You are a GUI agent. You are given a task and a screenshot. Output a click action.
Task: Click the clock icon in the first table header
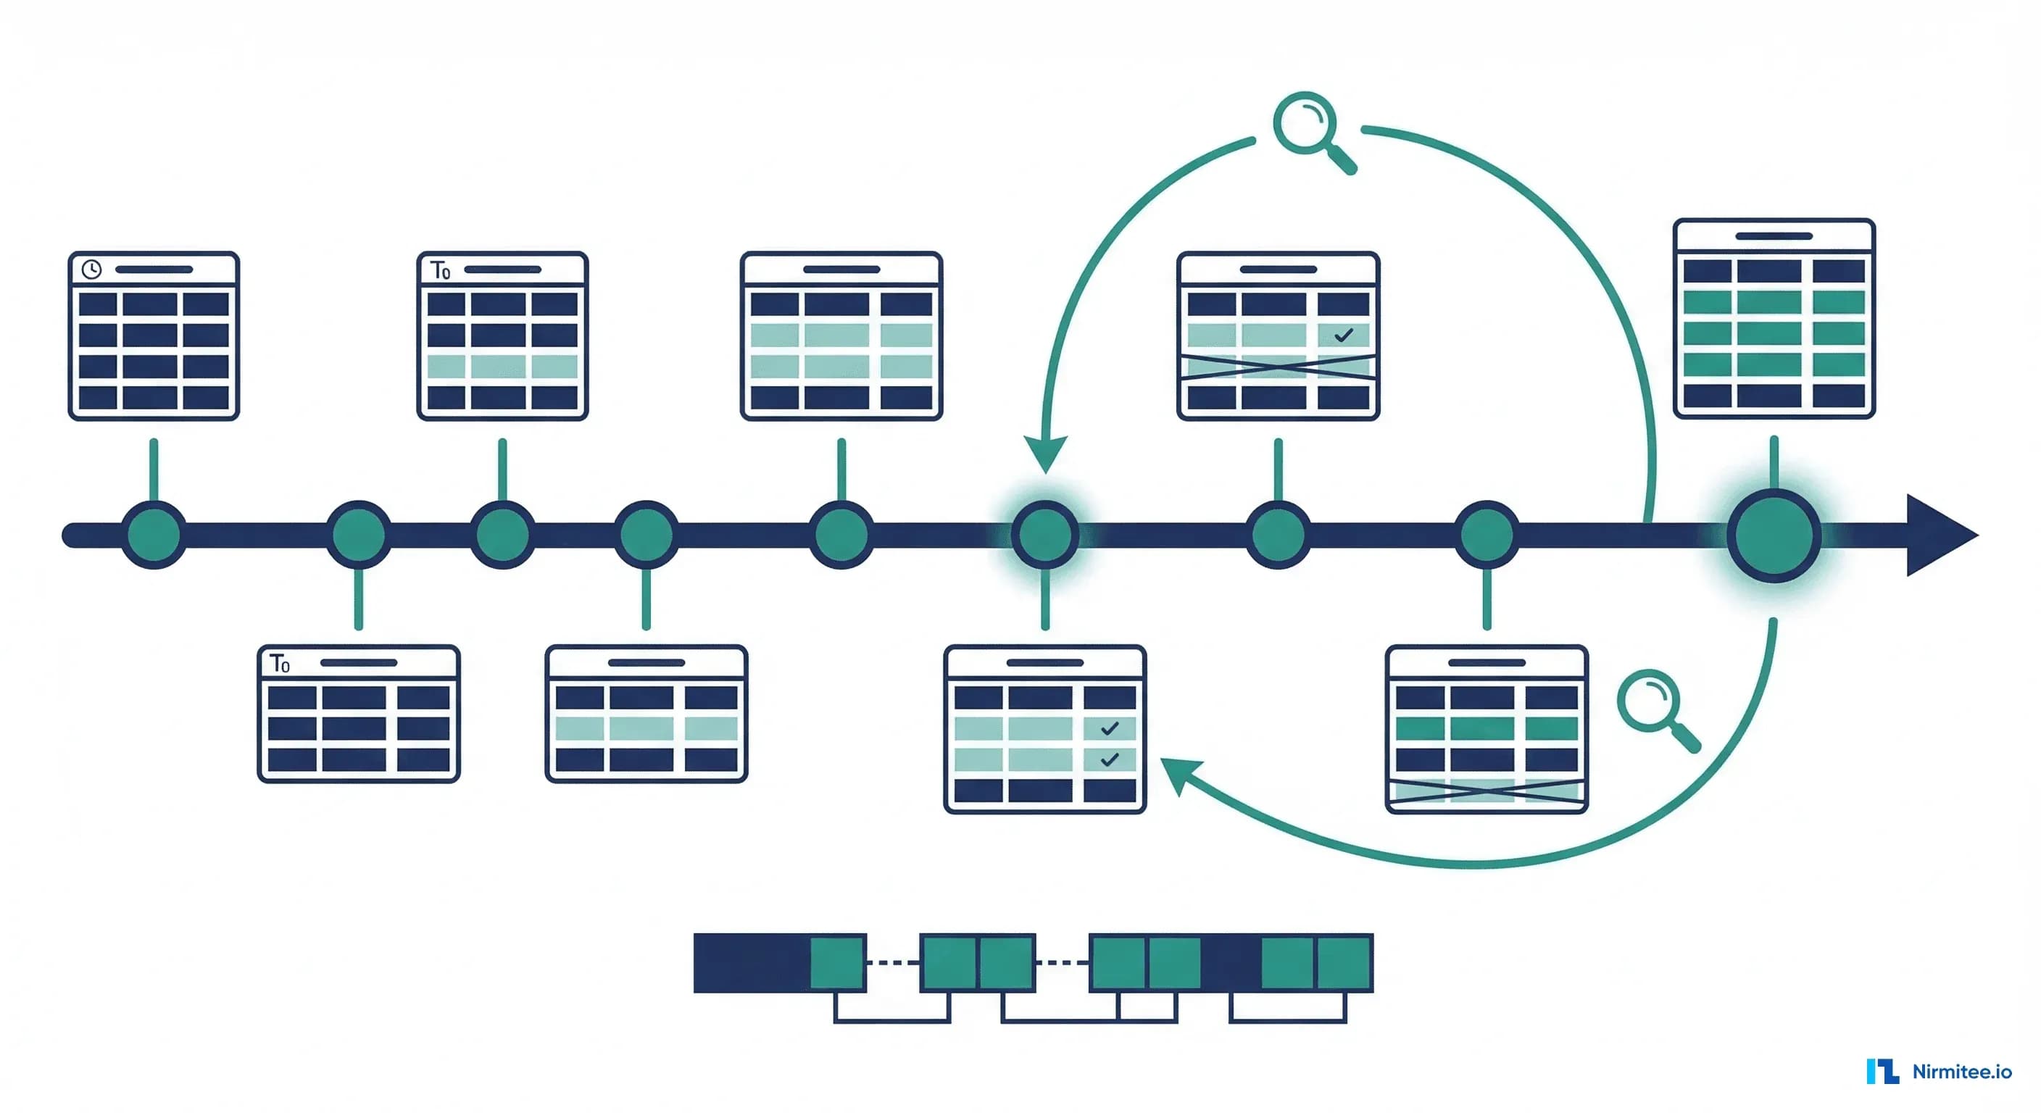[x=92, y=270]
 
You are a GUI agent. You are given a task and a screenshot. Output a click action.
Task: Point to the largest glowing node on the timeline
[x=1774, y=535]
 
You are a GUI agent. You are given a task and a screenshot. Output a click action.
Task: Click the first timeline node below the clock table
[x=154, y=535]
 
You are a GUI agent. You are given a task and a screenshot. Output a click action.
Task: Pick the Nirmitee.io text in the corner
[x=1962, y=1072]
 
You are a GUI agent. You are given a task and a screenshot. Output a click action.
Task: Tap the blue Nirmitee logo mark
[x=1882, y=1071]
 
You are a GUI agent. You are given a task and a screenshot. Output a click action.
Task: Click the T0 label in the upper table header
[x=441, y=270]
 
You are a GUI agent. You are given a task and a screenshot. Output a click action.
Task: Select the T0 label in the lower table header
[x=280, y=663]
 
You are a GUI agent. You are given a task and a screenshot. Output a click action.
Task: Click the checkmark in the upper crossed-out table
[x=1344, y=335]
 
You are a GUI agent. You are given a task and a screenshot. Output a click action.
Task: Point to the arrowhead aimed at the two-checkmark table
[x=1181, y=775]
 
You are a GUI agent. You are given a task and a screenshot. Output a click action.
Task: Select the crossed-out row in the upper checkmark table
[x=1278, y=367]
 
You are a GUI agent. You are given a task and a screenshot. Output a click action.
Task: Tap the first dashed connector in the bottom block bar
[x=893, y=962]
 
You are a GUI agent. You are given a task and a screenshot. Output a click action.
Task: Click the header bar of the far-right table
[x=1774, y=236]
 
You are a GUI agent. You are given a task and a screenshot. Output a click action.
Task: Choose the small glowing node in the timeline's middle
[x=1046, y=535]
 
